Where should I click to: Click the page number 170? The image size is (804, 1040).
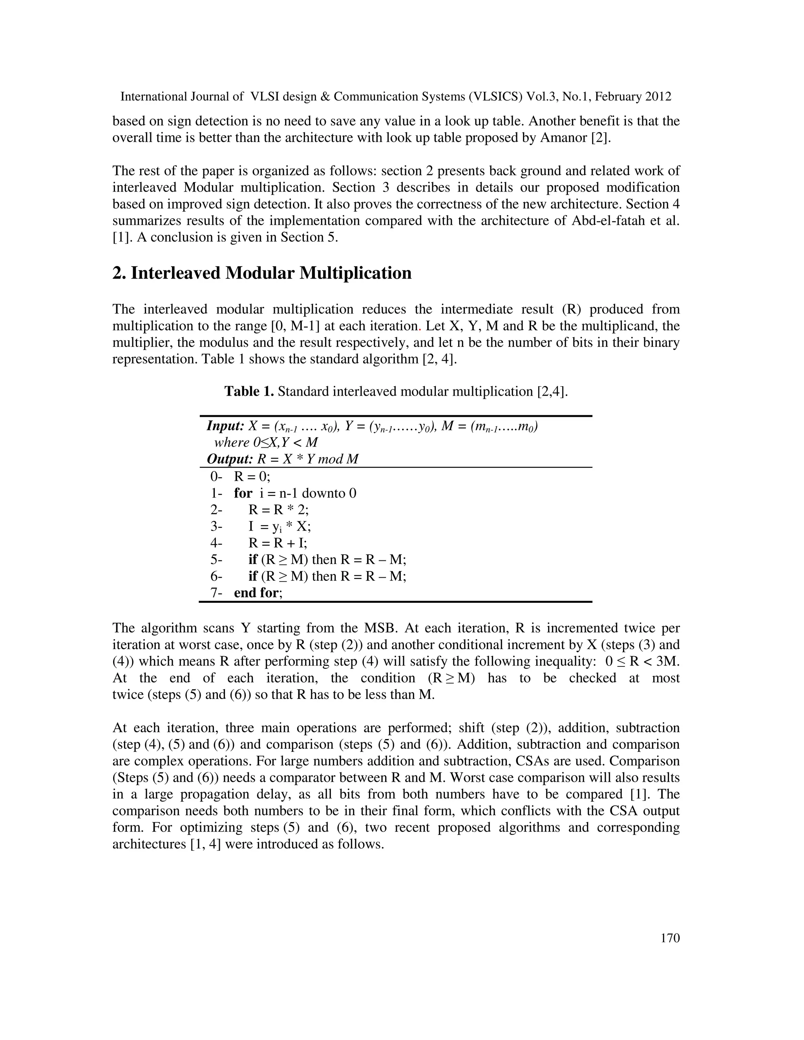click(670, 938)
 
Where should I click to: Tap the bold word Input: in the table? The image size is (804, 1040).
click(225, 426)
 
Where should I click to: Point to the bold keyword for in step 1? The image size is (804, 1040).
click(243, 493)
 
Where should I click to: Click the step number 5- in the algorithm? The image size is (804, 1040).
click(216, 560)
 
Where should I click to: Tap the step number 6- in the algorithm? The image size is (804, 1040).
click(216, 576)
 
